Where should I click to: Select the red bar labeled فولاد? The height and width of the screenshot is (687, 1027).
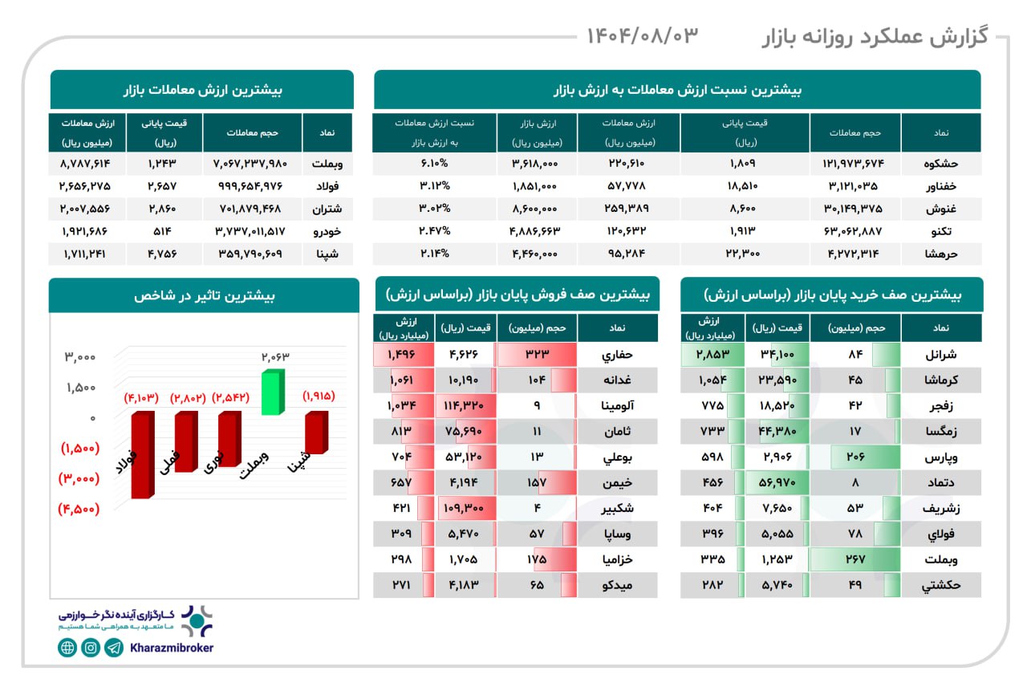[x=143, y=453]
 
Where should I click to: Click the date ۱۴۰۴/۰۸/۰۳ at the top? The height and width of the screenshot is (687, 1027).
[x=643, y=35]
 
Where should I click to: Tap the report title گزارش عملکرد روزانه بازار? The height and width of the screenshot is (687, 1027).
[x=874, y=36]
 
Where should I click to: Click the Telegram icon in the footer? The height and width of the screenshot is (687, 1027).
[x=114, y=648]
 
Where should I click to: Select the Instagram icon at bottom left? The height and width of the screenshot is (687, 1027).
[x=91, y=648]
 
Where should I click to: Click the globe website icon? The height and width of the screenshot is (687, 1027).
[x=67, y=648]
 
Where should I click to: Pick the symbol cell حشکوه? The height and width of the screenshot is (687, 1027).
[x=940, y=163]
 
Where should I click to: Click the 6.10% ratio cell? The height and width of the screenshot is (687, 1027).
[x=435, y=163]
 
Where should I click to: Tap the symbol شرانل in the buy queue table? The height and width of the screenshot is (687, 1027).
[x=940, y=354]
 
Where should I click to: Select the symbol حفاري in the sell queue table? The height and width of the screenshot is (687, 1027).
[x=617, y=354]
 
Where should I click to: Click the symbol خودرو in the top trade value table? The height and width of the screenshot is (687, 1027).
[x=327, y=231]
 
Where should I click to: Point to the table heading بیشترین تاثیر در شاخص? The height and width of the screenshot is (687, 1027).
[x=204, y=295]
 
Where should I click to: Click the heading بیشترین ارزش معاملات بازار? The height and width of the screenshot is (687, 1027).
[x=201, y=90]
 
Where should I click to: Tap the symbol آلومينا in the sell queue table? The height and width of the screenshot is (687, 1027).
[x=617, y=406]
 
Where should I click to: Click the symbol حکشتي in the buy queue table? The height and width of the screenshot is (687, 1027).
[x=940, y=585]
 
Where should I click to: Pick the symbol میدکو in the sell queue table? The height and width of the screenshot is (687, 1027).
[x=617, y=585]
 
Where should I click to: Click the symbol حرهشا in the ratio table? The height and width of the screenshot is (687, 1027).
[x=940, y=254]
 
